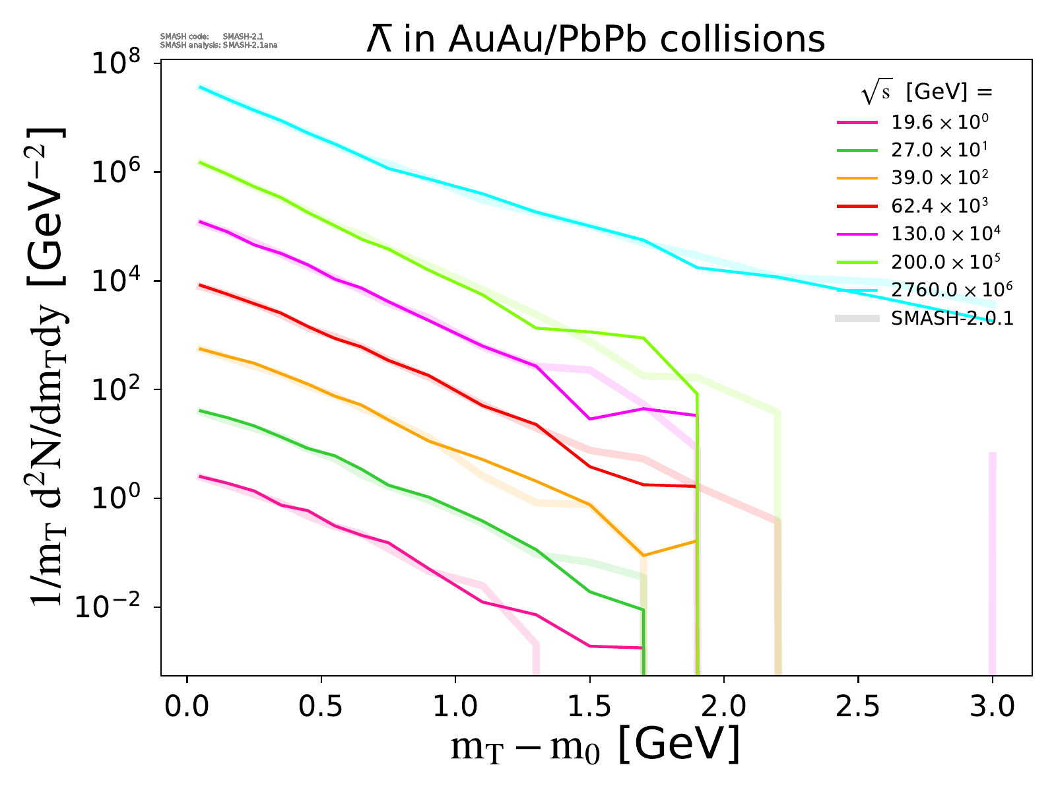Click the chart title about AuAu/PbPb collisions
[595, 40]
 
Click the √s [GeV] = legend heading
[927, 93]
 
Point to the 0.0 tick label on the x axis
[187, 708]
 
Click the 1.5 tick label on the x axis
[589, 708]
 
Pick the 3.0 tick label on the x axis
[992, 708]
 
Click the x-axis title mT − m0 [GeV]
[595, 746]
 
